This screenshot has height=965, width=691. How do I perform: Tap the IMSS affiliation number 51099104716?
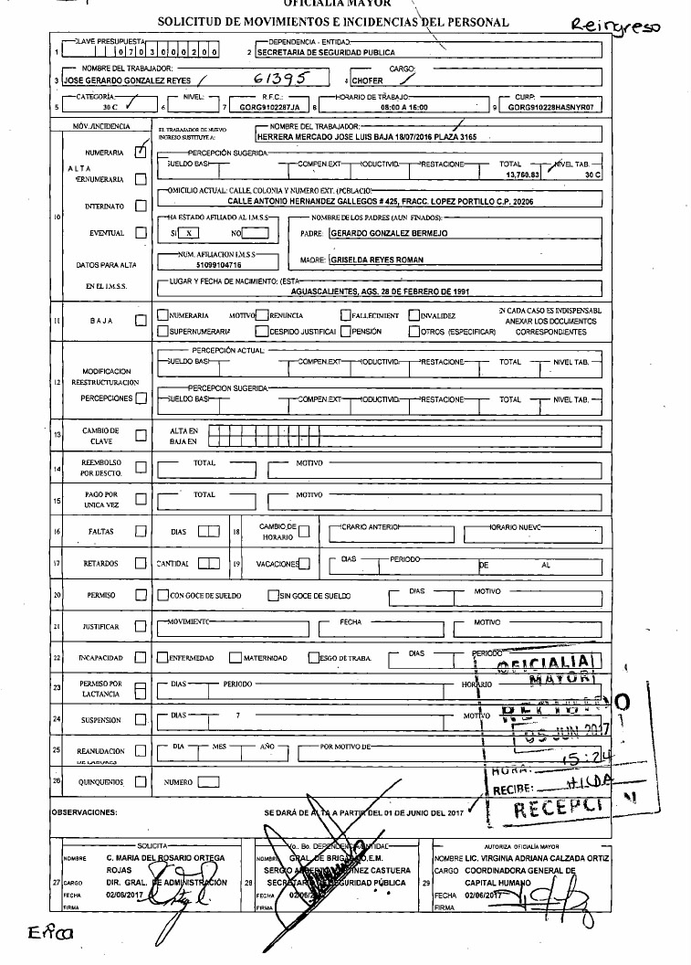pos(204,263)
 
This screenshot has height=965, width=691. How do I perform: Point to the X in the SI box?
pos(187,233)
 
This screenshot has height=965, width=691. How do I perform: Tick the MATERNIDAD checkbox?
pos(235,657)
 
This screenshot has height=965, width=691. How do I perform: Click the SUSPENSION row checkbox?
pos(140,720)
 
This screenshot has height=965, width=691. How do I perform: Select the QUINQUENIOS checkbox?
pos(140,782)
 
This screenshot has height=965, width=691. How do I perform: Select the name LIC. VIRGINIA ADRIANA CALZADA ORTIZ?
pos(536,859)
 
